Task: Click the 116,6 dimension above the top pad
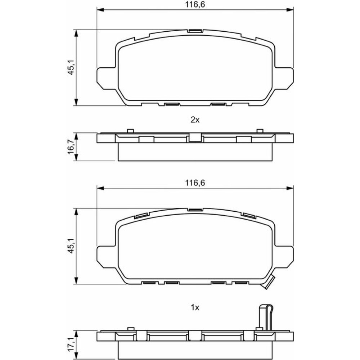point(195,5)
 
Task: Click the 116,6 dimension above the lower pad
point(195,183)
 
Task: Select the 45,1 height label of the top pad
point(71,68)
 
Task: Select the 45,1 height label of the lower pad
point(71,246)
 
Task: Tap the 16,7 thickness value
point(71,147)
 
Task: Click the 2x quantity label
point(195,120)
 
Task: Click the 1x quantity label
point(195,307)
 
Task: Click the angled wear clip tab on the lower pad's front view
point(269,282)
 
